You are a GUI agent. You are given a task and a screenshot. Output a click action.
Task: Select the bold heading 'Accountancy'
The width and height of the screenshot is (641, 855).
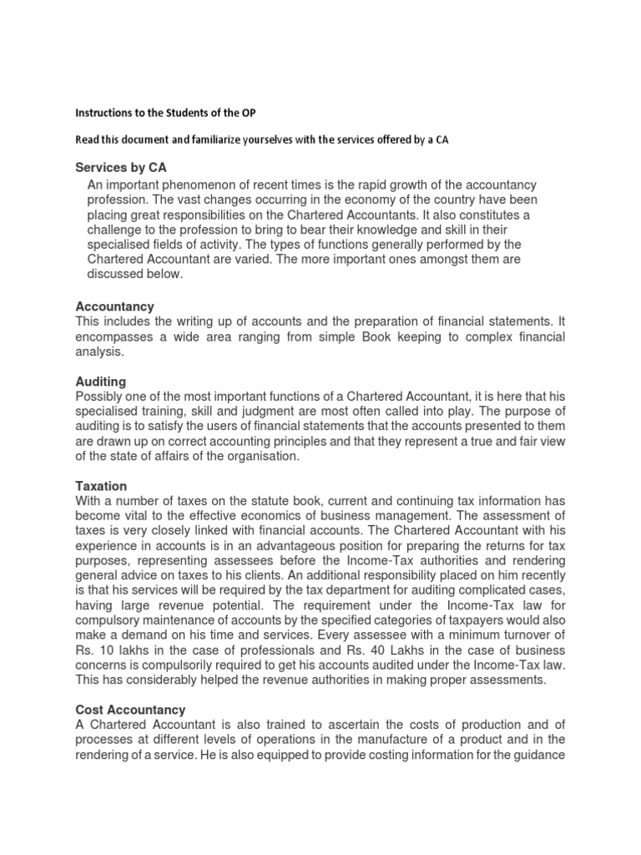click(114, 306)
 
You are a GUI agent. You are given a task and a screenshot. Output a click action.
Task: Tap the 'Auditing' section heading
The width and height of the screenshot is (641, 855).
click(100, 381)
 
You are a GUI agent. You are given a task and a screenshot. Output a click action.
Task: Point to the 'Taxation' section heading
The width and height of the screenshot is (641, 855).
click(101, 485)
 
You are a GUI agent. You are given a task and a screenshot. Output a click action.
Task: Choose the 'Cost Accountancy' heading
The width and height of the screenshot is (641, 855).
click(130, 710)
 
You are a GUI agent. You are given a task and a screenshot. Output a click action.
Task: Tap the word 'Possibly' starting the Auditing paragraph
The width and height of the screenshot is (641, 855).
click(100, 396)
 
